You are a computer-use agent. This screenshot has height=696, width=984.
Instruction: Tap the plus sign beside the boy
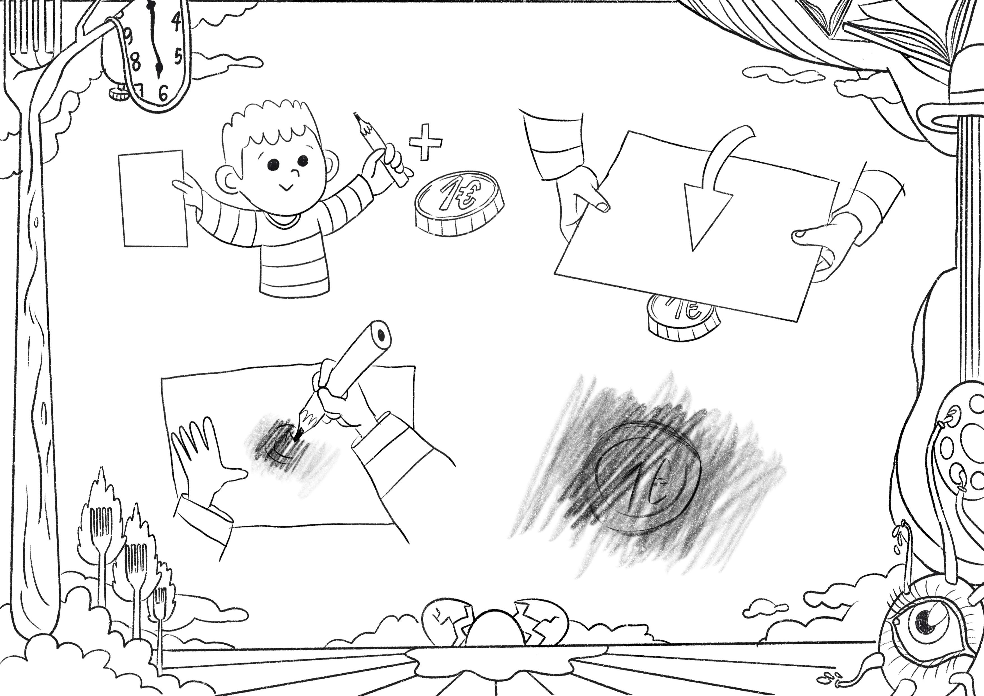tap(425, 142)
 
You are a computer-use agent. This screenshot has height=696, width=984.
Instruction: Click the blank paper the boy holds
tap(153, 198)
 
